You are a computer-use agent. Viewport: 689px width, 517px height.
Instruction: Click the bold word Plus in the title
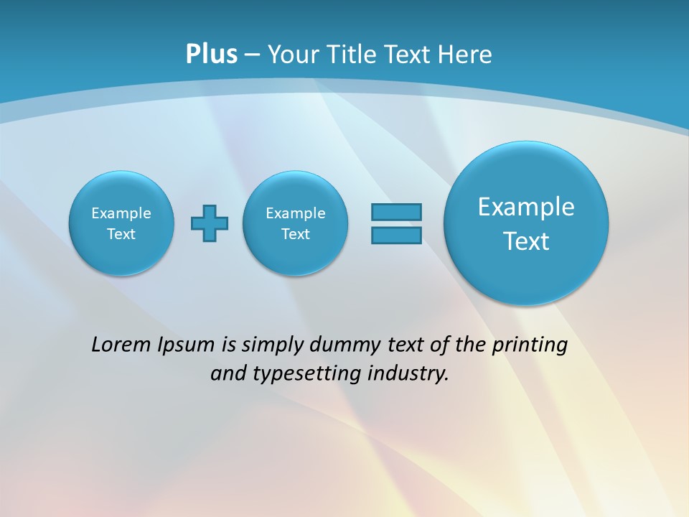[211, 54]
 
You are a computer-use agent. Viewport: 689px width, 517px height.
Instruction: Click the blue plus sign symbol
[210, 223]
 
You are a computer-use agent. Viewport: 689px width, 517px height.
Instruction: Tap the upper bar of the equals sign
[396, 212]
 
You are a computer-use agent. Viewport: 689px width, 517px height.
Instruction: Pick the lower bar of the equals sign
[396, 235]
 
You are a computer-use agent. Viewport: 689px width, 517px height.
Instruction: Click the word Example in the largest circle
[526, 207]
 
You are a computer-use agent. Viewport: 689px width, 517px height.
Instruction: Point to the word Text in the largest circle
[526, 241]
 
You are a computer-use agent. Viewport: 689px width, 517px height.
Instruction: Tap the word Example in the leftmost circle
[121, 213]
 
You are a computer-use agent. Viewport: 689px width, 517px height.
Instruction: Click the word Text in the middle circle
[296, 234]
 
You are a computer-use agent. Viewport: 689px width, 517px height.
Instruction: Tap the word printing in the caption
[530, 345]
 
